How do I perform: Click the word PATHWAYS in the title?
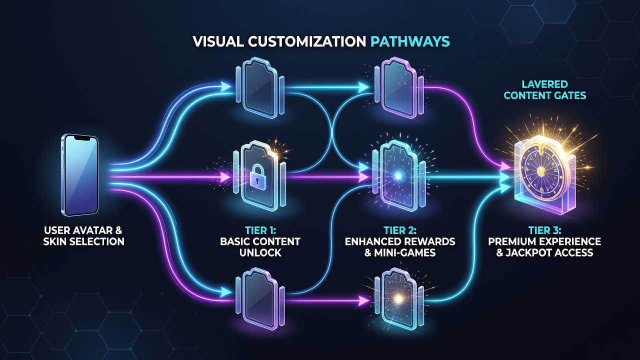coord(410,41)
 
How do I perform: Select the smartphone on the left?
coord(79,175)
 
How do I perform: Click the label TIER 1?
coord(260,230)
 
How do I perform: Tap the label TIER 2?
coord(400,230)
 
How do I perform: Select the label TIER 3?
coord(544,230)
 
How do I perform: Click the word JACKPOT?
coord(530,252)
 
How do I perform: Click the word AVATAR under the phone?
coord(90,230)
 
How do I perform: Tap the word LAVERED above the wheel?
coord(544,84)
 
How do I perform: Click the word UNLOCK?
coord(260,252)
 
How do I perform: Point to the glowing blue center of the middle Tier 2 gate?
coord(397,176)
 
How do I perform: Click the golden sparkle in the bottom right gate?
coord(398,299)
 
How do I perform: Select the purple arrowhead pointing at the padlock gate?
coord(224,177)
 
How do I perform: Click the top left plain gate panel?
coord(259,87)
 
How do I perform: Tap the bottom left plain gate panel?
coord(259,299)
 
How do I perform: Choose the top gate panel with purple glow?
coord(399,87)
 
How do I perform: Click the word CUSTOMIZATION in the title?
coord(307,41)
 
